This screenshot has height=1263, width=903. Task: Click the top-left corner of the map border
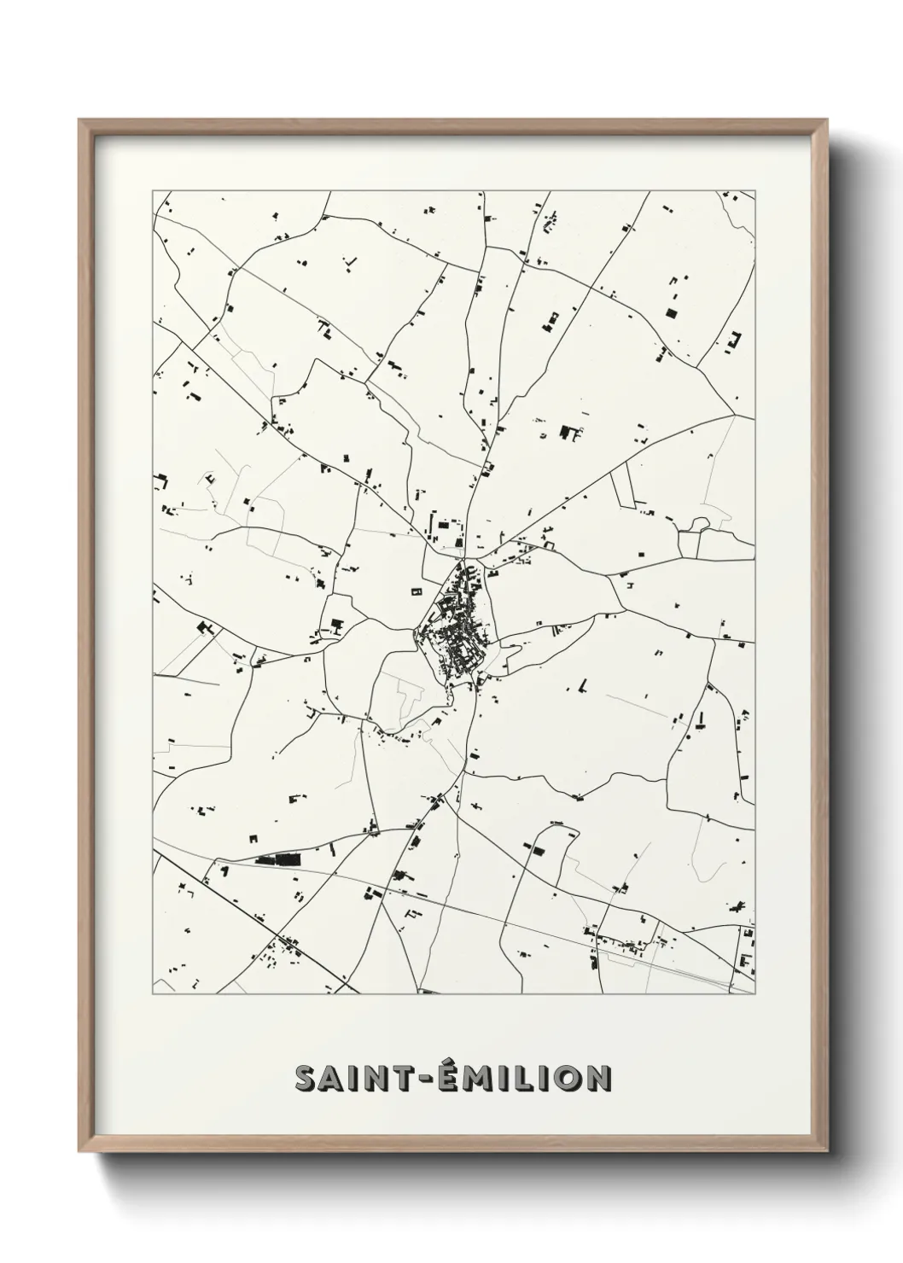click(x=153, y=191)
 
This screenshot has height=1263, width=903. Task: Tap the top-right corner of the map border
click(x=756, y=191)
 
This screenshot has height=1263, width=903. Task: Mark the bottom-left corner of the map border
click(x=153, y=994)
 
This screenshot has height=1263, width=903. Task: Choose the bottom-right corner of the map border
click(x=756, y=994)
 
